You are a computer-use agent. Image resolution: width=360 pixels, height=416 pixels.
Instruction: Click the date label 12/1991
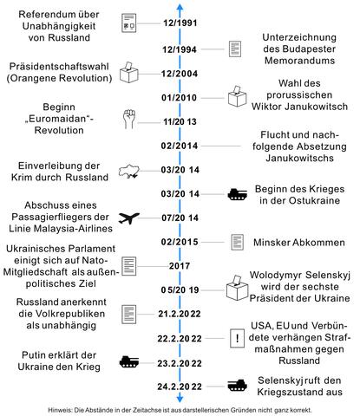point(180,21)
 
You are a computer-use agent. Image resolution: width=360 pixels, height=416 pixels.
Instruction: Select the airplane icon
point(128,218)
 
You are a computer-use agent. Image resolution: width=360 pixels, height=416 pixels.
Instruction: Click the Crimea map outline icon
point(129,171)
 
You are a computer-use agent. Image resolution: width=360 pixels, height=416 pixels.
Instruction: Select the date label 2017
point(180,265)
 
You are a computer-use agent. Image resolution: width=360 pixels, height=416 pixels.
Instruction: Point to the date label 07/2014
point(180,218)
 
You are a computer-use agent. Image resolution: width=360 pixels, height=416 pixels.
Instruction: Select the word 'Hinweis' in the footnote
point(63,408)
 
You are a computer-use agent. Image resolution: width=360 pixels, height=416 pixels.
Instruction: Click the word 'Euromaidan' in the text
point(64,122)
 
